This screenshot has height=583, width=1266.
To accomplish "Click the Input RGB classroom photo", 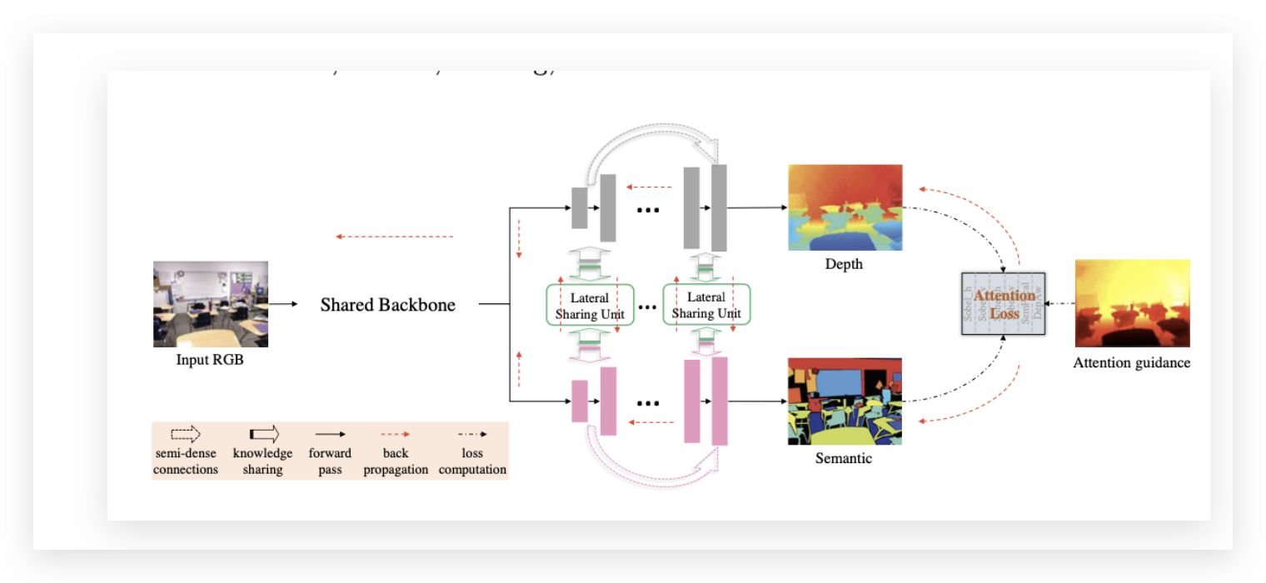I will [211, 304].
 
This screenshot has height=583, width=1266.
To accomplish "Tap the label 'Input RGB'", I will [210, 361].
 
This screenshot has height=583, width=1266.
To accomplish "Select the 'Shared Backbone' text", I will [388, 305].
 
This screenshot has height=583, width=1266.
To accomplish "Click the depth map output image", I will [845, 207].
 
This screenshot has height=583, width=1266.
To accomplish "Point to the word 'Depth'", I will [844, 264].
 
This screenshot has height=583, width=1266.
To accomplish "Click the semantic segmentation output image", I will [845, 401].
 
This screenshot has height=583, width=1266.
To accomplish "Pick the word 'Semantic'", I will [844, 458].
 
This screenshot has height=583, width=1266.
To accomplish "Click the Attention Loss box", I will [1004, 304].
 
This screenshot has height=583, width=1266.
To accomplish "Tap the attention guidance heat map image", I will [1132, 303].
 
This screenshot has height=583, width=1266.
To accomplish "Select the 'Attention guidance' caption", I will [1131, 363].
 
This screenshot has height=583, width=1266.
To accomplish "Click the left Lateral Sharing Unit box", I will [590, 306].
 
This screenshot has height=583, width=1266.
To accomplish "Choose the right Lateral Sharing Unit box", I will [706, 306].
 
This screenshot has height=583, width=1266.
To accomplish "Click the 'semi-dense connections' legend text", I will [186, 461].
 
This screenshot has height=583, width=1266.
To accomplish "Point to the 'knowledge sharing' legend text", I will [263, 461].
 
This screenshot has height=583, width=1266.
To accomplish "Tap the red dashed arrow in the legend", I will [396, 434].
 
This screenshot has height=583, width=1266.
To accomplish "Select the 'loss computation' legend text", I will [472, 461].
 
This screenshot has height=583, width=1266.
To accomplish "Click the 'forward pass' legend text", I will [330, 461].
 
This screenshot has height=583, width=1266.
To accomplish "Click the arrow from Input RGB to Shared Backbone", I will [283, 304].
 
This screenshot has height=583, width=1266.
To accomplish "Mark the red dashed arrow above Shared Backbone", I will [395, 237].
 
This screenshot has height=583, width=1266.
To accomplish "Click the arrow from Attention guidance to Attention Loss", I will [1060, 303].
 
